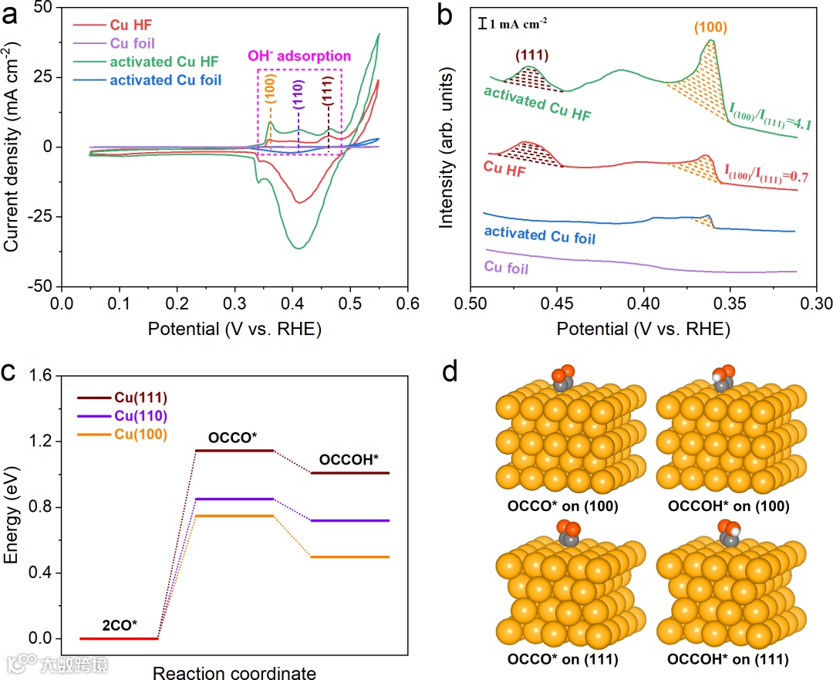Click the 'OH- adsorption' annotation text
[299, 56]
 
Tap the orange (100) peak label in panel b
[710, 27]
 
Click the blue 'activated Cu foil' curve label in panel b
[540, 233]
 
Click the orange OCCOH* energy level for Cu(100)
[350, 557]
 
